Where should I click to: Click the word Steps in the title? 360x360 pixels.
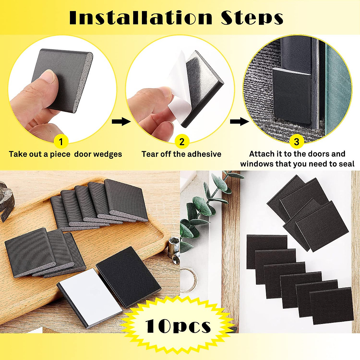tap(252, 18)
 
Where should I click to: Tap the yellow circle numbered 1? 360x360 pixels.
tap(61, 142)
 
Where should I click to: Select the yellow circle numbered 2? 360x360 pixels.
tap(182, 142)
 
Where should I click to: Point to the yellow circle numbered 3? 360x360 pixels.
tap(296, 142)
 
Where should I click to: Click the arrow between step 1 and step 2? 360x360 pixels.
tap(121, 121)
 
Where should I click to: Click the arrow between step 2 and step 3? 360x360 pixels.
tap(239, 121)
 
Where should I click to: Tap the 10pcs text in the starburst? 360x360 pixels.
tap(178, 326)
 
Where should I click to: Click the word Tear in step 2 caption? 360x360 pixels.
tap(149, 154)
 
